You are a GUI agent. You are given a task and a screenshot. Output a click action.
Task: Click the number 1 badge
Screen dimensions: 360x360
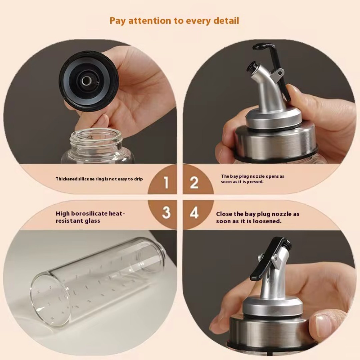point(166,183)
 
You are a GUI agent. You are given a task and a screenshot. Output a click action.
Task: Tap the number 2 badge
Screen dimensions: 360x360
point(194,183)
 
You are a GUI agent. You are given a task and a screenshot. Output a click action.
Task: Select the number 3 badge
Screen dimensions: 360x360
point(166,212)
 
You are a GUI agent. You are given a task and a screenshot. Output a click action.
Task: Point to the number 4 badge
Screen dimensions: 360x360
point(194,213)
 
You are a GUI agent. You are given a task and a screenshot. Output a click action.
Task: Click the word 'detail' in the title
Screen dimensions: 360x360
point(226,21)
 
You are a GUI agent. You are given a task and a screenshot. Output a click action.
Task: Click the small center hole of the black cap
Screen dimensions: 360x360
point(87,81)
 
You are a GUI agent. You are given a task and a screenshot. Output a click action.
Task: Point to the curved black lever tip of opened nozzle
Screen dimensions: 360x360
point(258,47)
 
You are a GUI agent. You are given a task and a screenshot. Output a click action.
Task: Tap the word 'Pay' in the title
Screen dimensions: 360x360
point(118,21)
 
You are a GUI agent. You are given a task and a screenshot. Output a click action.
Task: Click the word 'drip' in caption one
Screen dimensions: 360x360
point(138,179)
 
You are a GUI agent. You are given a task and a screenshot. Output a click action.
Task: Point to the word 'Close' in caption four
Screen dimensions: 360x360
point(224,214)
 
